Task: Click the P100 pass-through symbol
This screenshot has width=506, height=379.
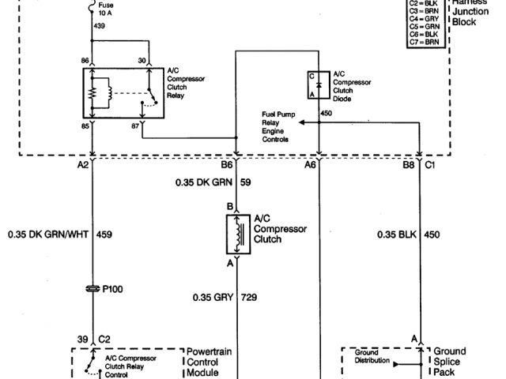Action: tap(91, 289)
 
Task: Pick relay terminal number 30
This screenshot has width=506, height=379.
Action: tap(142, 60)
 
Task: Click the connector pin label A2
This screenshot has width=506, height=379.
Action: tap(83, 166)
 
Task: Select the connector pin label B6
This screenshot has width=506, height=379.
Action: tap(227, 166)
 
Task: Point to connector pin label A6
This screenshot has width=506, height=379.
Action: tap(309, 166)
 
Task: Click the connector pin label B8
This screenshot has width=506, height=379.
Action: tap(408, 166)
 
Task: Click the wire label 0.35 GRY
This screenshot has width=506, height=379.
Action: tap(211, 298)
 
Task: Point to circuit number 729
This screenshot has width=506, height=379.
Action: tap(251, 298)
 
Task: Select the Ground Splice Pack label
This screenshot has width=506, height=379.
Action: tap(450, 361)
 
